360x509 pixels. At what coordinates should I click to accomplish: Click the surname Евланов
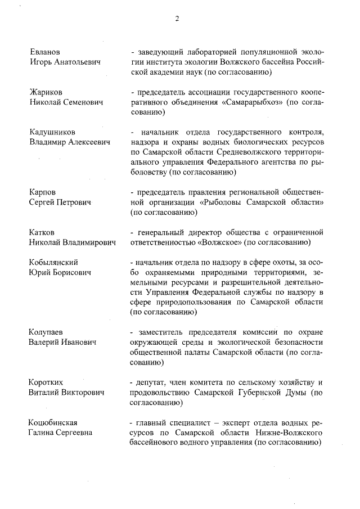(45, 52)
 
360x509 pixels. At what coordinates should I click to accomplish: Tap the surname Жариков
(46, 92)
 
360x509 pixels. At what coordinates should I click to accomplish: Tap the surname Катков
(43, 232)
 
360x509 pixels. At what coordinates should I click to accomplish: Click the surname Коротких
(47, 382)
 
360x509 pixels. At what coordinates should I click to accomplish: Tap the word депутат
(150, 382)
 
